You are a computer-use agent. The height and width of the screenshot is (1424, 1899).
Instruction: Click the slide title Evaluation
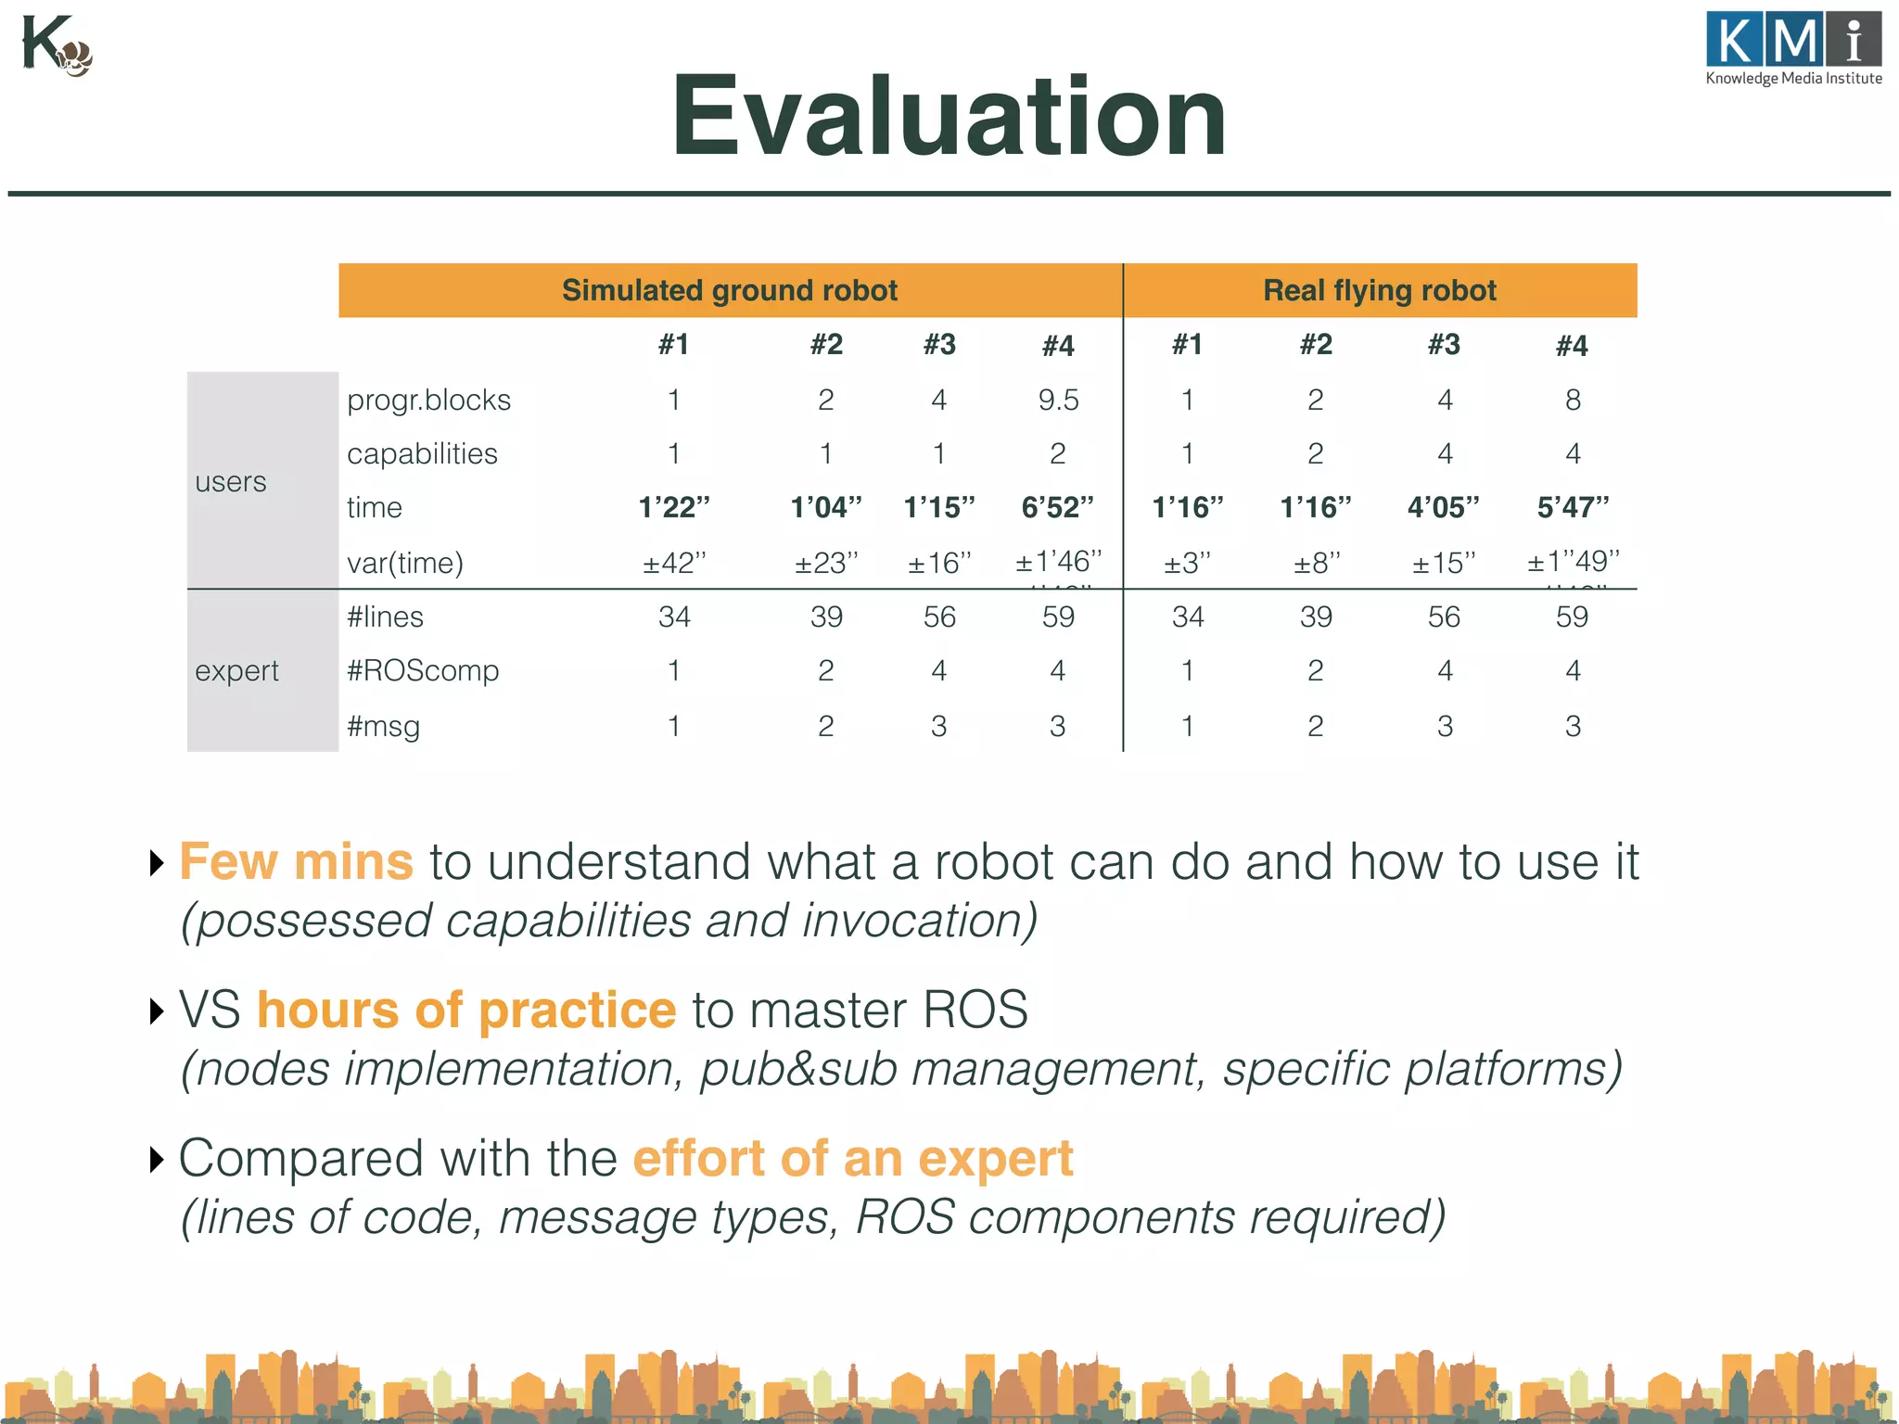[949, 118]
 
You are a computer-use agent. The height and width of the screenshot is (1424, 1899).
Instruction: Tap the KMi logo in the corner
[1793, 48]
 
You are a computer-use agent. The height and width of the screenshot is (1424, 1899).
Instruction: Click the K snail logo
[56, 46]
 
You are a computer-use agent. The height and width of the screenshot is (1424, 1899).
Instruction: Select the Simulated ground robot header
[730, 290]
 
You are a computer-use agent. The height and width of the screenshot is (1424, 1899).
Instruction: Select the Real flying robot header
[1379, 290]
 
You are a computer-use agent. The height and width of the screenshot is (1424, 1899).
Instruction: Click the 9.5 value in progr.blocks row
[1058, 400]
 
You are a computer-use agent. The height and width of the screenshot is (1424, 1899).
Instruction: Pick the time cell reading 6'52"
[1057, 507]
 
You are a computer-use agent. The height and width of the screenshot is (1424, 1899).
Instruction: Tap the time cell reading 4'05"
[1443, 507]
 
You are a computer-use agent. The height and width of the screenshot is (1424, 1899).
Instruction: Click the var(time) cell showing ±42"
[674, 563]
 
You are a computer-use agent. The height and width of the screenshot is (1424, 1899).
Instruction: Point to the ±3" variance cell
[1187, 563]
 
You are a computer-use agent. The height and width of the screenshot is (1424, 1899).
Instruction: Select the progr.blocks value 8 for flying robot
[1573, 400]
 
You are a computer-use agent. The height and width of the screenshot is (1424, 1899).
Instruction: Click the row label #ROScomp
[423, 670]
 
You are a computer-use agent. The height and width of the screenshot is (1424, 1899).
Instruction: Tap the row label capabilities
[422, 453]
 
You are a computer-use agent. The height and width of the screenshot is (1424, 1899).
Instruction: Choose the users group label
[231, 482]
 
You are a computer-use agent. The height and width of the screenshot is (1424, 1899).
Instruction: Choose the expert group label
[236, 670]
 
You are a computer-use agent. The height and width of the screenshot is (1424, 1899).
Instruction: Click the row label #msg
[383, 726]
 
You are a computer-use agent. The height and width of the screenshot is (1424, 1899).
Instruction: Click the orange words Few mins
[296, 861]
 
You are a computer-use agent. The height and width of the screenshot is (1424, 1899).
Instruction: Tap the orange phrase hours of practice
[466, 1010]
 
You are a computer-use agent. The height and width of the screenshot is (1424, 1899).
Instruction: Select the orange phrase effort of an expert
[853, 1158]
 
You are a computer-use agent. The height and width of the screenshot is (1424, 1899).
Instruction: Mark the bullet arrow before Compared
[157, 1159]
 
